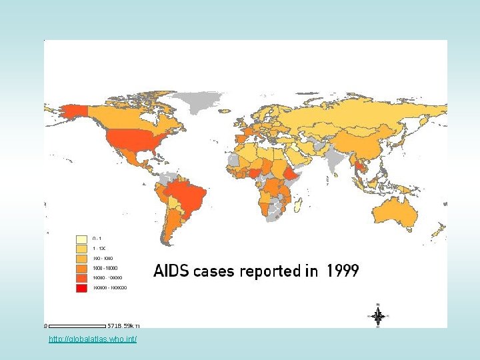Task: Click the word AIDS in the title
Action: point(172,271)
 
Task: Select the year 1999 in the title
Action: point(343,271)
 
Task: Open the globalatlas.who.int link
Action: point(93,340)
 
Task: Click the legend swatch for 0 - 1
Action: point(81,238)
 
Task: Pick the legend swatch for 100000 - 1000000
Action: point(81,288)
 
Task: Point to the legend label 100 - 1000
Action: point(103,258)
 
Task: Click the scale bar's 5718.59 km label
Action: point(124,326)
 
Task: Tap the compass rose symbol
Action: point(378,316)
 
